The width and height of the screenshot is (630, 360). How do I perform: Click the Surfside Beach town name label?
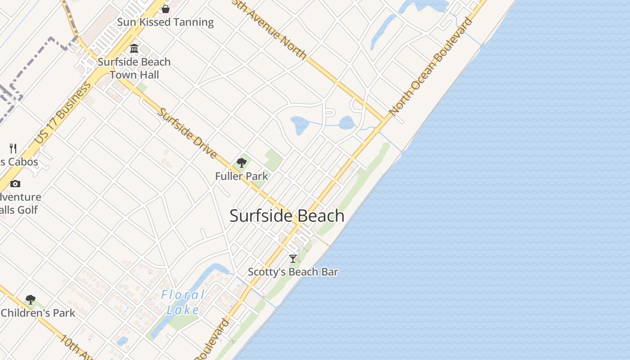[x=287, y=216]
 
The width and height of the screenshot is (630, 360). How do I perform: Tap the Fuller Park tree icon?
[x=242, y=163]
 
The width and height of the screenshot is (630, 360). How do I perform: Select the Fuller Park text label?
[x=242, y=176]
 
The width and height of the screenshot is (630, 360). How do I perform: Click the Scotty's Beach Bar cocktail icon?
[x=293, y=258]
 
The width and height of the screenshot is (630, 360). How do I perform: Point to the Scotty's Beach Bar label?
[x=293, y=272]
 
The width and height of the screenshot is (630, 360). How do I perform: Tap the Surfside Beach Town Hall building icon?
[x=134, y=48]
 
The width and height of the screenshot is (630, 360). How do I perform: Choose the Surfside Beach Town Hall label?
[x=134, y=68]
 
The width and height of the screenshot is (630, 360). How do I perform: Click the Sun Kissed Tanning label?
[x=166, y=22]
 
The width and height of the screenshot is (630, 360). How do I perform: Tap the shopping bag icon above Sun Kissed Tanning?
[x=166, y=9]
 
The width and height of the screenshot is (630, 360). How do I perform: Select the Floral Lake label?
[x=183, y=302]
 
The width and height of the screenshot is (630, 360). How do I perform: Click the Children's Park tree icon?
[x=31, y=299]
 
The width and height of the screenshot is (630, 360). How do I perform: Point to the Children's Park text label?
[x=38, y=313]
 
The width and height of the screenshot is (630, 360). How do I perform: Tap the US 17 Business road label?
[x=63, y=115]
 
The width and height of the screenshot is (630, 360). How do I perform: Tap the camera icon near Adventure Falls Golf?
[x=15, y=184]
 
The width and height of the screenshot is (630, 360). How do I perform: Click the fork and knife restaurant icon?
[x=13, y=148]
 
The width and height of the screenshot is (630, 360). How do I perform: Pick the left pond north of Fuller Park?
[x=299, y=125]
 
